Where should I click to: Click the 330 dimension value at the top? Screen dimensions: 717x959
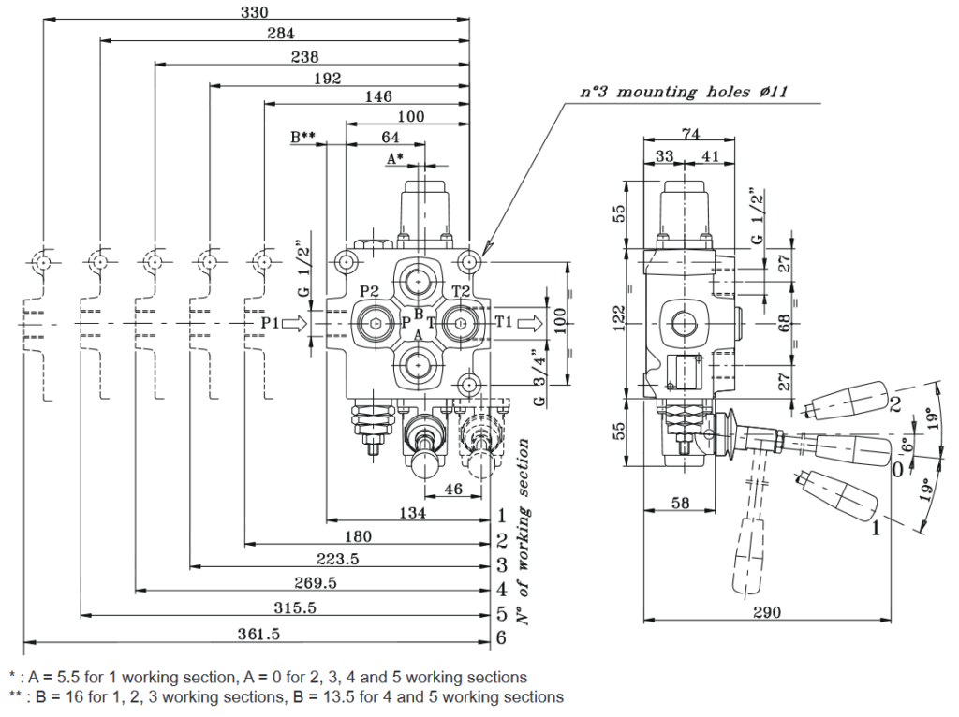(255, 12)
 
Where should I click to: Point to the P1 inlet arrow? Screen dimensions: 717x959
(294, 323)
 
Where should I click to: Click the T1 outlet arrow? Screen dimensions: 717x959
(530, 323)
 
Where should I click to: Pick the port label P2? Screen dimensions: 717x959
(370, 291)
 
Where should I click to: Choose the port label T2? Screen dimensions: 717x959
(461, 291)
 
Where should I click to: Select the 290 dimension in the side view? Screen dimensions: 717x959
(767, 612)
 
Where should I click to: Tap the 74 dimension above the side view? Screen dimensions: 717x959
(690, 134)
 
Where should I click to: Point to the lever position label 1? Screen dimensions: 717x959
(875, 530)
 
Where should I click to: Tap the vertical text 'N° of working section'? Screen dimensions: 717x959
(524, 531)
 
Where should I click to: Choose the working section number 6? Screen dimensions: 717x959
(502, 638)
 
